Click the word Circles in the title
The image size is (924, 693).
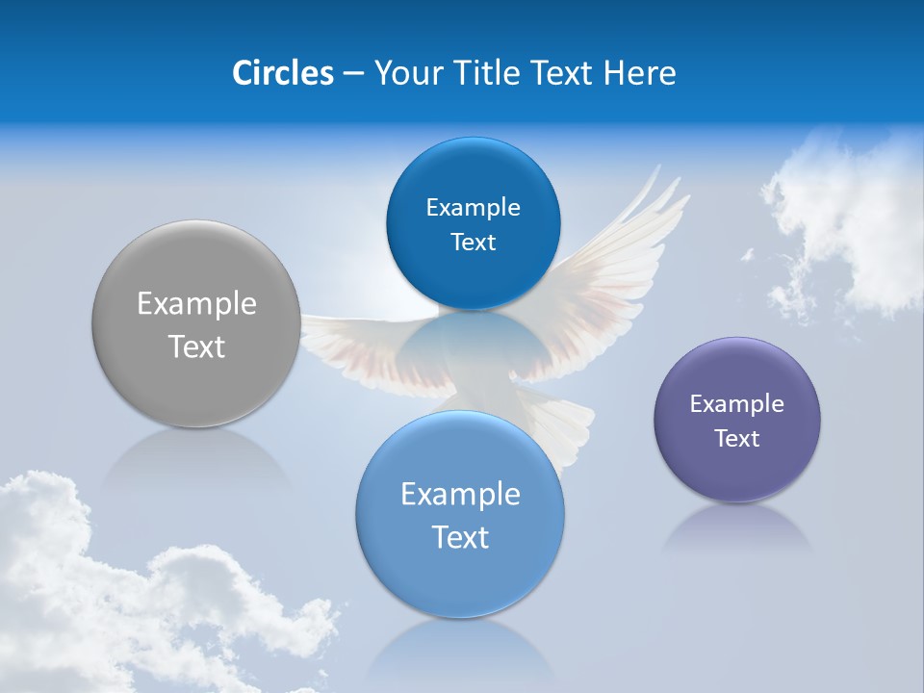(x=282, y=73)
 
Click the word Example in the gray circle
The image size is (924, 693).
(x=196, y=304)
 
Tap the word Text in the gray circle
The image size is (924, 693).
(x=196, y=346)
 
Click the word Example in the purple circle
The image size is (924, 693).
(x=737, y=404)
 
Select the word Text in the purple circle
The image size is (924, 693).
(x=737, y=439)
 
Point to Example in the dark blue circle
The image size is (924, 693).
(x=473, y=208)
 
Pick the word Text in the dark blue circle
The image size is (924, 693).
(x=473, y=243)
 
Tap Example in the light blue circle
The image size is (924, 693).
(x=460, y=495)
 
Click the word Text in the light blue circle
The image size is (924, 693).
(x=460, y=537)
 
